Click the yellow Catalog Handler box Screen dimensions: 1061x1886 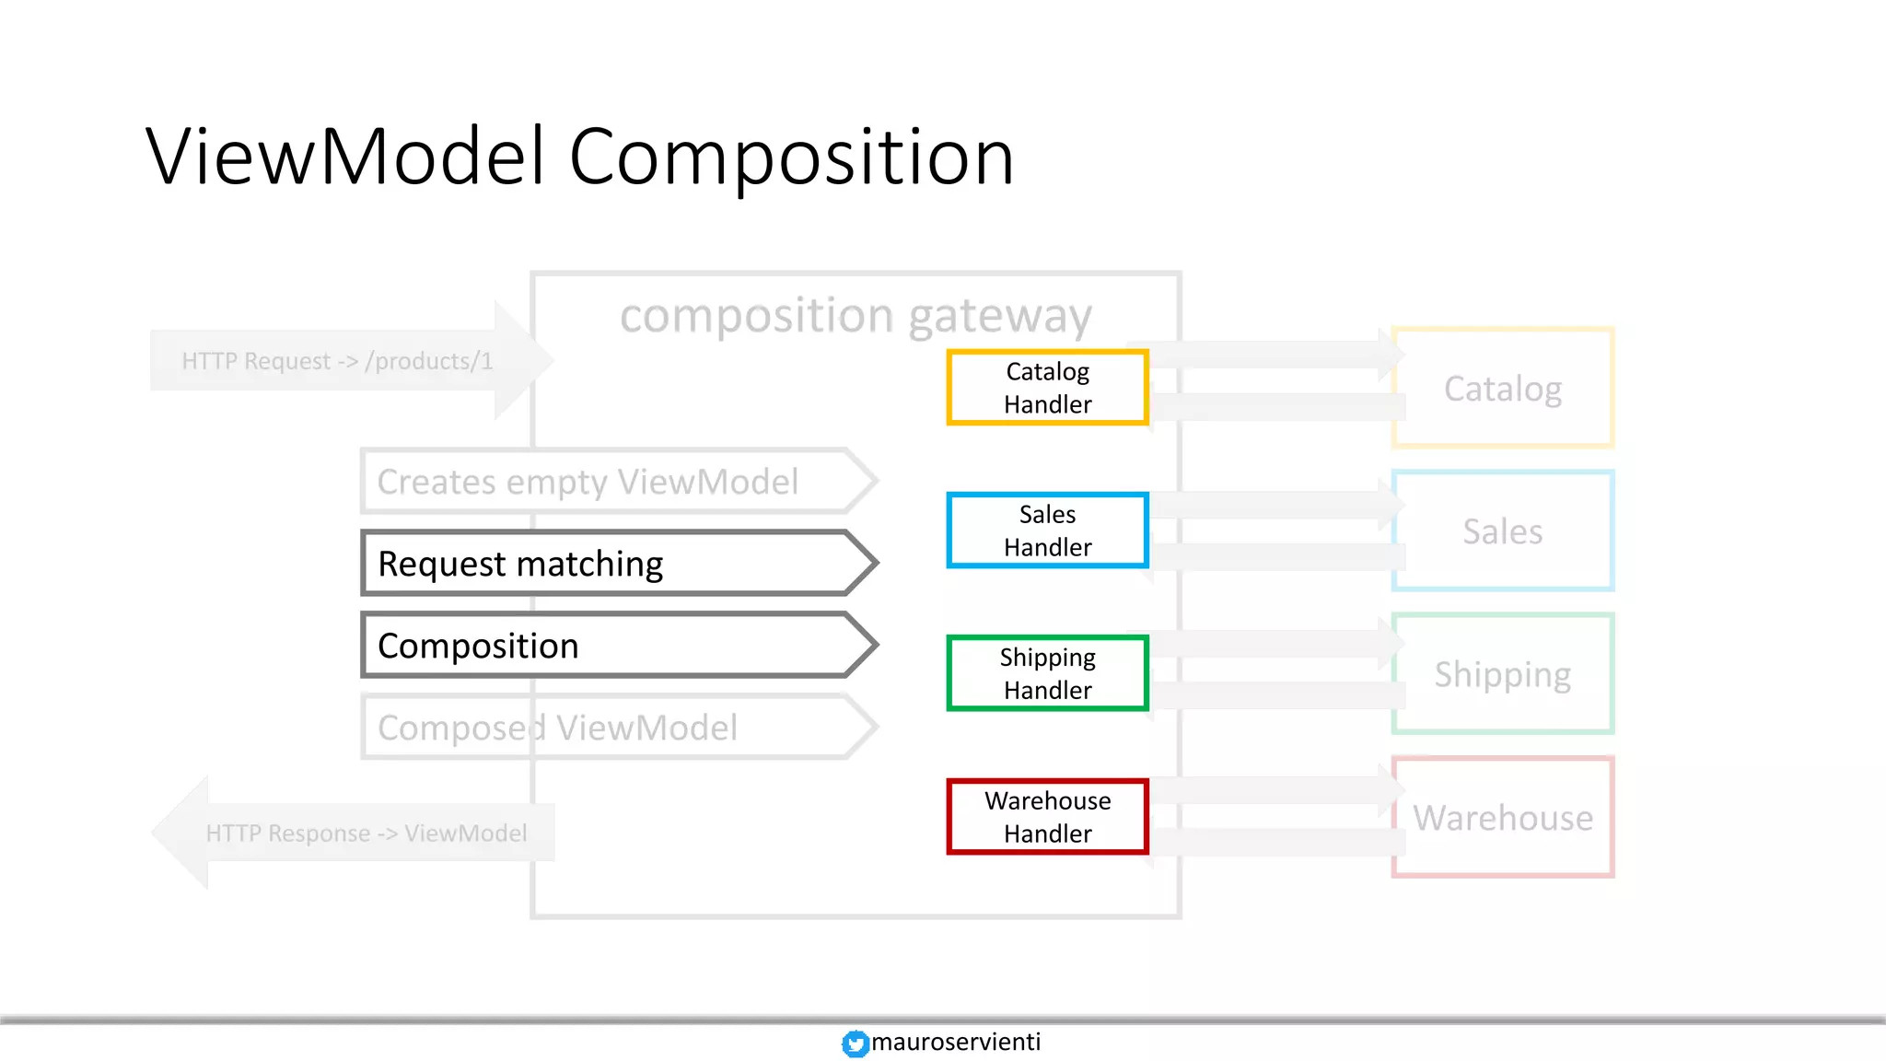1047,388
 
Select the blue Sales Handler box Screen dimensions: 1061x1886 1047,530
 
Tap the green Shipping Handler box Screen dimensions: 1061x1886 1047,673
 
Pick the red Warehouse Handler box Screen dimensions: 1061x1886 1047,817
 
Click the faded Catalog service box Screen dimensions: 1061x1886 1503,389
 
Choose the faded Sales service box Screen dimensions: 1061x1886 1503,531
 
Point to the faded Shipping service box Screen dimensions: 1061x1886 1503,674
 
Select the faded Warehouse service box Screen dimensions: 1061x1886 1503,818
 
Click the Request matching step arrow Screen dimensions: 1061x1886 608,564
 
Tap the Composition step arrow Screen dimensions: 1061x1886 608,646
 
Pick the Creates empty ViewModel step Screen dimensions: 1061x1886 608,482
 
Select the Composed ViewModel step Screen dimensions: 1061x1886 608,728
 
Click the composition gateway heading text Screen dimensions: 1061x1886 856,316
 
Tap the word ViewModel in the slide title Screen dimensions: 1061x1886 345,157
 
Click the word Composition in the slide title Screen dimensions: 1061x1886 791,157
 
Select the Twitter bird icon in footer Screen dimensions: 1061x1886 856,1044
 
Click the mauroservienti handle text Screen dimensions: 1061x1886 956,1042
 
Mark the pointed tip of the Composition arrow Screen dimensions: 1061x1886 874,645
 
